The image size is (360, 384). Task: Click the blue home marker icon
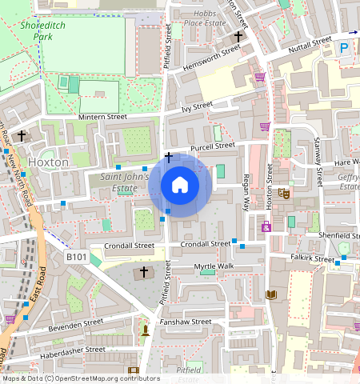[180, 186]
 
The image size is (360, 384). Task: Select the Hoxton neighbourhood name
[49, 162]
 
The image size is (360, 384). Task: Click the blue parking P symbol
[344, 48]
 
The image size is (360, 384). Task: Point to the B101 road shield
[76, 258]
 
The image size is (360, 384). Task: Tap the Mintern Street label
[102, 117]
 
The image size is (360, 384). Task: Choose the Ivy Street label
[197, 106]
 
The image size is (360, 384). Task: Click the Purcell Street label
[213, 146]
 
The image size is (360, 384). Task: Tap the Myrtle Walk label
[214, 266]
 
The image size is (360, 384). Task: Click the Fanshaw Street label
[186, 322]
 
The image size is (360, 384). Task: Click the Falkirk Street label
[313, 259]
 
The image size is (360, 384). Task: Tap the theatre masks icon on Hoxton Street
[283, 194]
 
